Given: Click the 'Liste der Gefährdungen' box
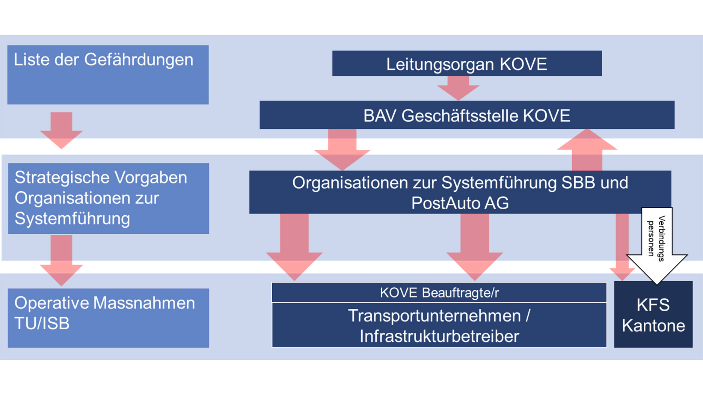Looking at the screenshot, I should tap(108, 75).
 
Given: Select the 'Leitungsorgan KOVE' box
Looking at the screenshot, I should tap(467, 63).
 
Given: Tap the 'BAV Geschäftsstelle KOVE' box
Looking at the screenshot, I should tap(467, 115).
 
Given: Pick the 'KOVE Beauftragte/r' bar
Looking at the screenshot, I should tap(439, 293).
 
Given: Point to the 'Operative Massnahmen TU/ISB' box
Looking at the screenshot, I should tap(108, 318).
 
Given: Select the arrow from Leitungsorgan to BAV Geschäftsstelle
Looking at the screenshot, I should tap(458, 87).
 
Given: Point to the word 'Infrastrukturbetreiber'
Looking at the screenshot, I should tap(439, 336).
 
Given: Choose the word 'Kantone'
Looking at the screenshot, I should tap(653, 326).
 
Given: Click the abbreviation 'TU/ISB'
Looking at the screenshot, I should tap(42, 323).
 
